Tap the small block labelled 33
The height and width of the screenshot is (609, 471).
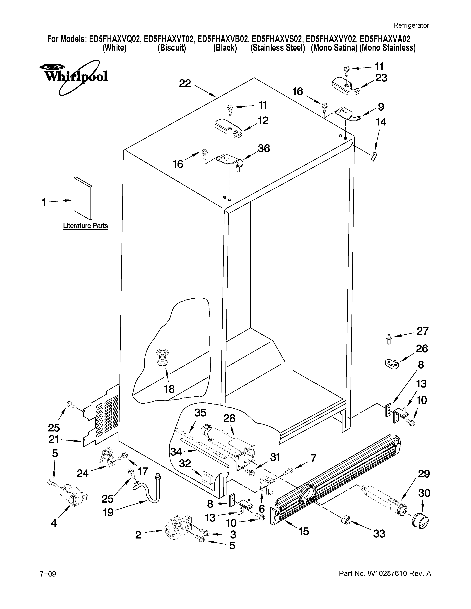[x=345, y=520]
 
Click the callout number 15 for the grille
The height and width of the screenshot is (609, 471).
[x=304, y=531]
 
